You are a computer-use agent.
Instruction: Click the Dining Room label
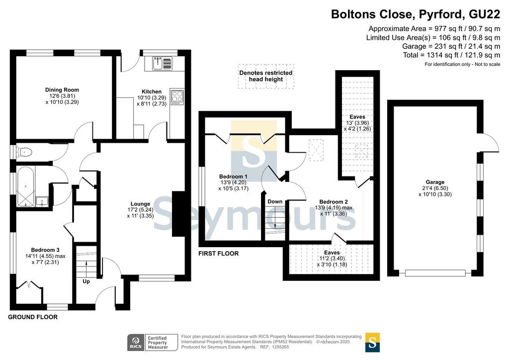[62, 90]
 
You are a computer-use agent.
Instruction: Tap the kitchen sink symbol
[162, 63]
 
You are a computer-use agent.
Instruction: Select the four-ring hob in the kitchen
[177, 97]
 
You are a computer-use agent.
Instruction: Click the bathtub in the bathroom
[25, 186]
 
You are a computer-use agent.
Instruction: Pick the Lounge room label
[140, 204]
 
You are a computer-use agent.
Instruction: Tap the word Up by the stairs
[86, 281]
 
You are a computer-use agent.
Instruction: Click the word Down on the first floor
[275, 201]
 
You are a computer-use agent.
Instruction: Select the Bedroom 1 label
[234, 177]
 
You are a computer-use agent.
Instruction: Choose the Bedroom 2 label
[334, 202]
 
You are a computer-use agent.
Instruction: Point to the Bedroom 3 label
[45, 250]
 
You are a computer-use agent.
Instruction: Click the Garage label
[435, 182]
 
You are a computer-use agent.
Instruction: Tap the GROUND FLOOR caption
[33, 317]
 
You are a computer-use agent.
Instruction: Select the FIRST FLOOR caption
[219, 254]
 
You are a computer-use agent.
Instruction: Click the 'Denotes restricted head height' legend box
[266, 76]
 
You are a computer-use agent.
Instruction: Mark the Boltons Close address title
[416, 14]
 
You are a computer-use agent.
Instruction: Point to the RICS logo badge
[136, 343]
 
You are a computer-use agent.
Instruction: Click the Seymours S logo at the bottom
[372, 343]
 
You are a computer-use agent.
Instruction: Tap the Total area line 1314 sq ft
[451, 55]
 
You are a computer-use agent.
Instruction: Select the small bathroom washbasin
[42, 201]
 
